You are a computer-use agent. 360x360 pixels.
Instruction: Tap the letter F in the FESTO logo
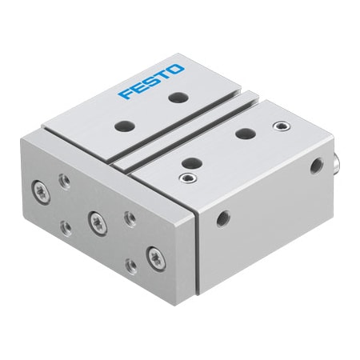pyautogui.click(x=125, y=94)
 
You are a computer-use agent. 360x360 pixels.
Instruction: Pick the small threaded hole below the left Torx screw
pyautogui.click(x=66, y=226)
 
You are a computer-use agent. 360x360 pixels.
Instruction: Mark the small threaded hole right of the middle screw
pyautogui.click(x=128, y=215)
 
